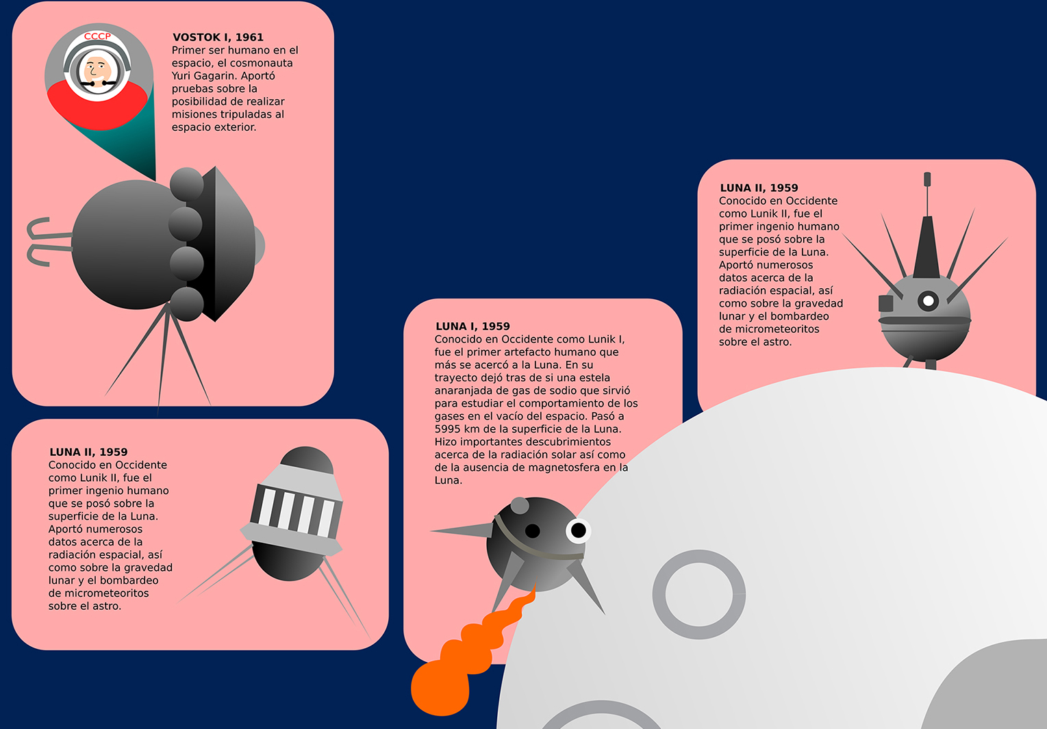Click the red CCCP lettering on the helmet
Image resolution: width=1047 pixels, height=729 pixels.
97,36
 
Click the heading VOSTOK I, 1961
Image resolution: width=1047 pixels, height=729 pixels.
218,38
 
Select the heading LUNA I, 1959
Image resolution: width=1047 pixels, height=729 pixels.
472,327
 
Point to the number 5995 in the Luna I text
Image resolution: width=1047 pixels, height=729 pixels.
449,429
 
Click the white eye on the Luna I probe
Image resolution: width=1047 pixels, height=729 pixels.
578,530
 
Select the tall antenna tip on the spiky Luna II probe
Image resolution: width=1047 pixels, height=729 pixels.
927,179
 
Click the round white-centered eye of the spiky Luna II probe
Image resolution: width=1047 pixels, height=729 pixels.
929,300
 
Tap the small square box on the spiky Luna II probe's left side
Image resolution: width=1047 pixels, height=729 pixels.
886,303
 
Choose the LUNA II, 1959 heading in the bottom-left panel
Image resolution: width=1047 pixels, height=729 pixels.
88,452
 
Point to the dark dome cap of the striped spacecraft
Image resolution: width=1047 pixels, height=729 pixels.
307,460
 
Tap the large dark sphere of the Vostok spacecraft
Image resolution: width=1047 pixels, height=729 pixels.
126,244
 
